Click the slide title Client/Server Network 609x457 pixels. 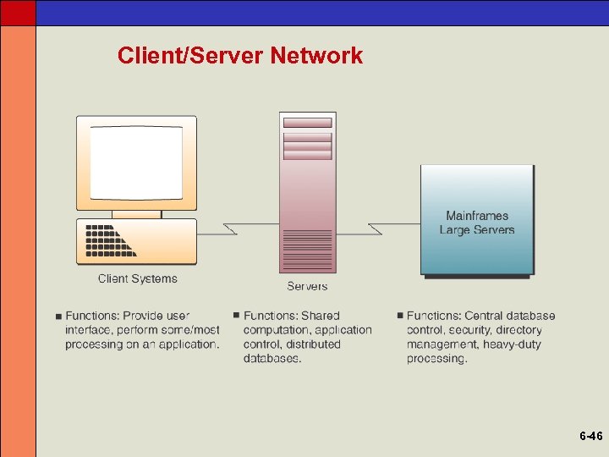coord(240,56)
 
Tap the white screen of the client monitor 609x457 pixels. coord(136,162)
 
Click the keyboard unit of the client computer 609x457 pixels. coord(136,241)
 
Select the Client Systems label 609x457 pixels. coord(138,278)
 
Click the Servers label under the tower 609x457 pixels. coord(307,286)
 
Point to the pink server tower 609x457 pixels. coord(307,195)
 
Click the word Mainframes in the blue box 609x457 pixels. coord(477,216)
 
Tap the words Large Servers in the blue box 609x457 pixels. coord(477,230)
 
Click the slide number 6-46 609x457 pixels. coord(590,437)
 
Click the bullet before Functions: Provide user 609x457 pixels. coord(58,317)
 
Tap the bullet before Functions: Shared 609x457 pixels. coord(236,316)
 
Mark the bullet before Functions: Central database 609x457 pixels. coord(399,316)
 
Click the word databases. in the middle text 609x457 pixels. coord(272,359)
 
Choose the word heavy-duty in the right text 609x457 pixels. coord(512,344)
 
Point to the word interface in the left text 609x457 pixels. coord(89,330)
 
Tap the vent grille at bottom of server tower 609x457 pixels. coord(307,250)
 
